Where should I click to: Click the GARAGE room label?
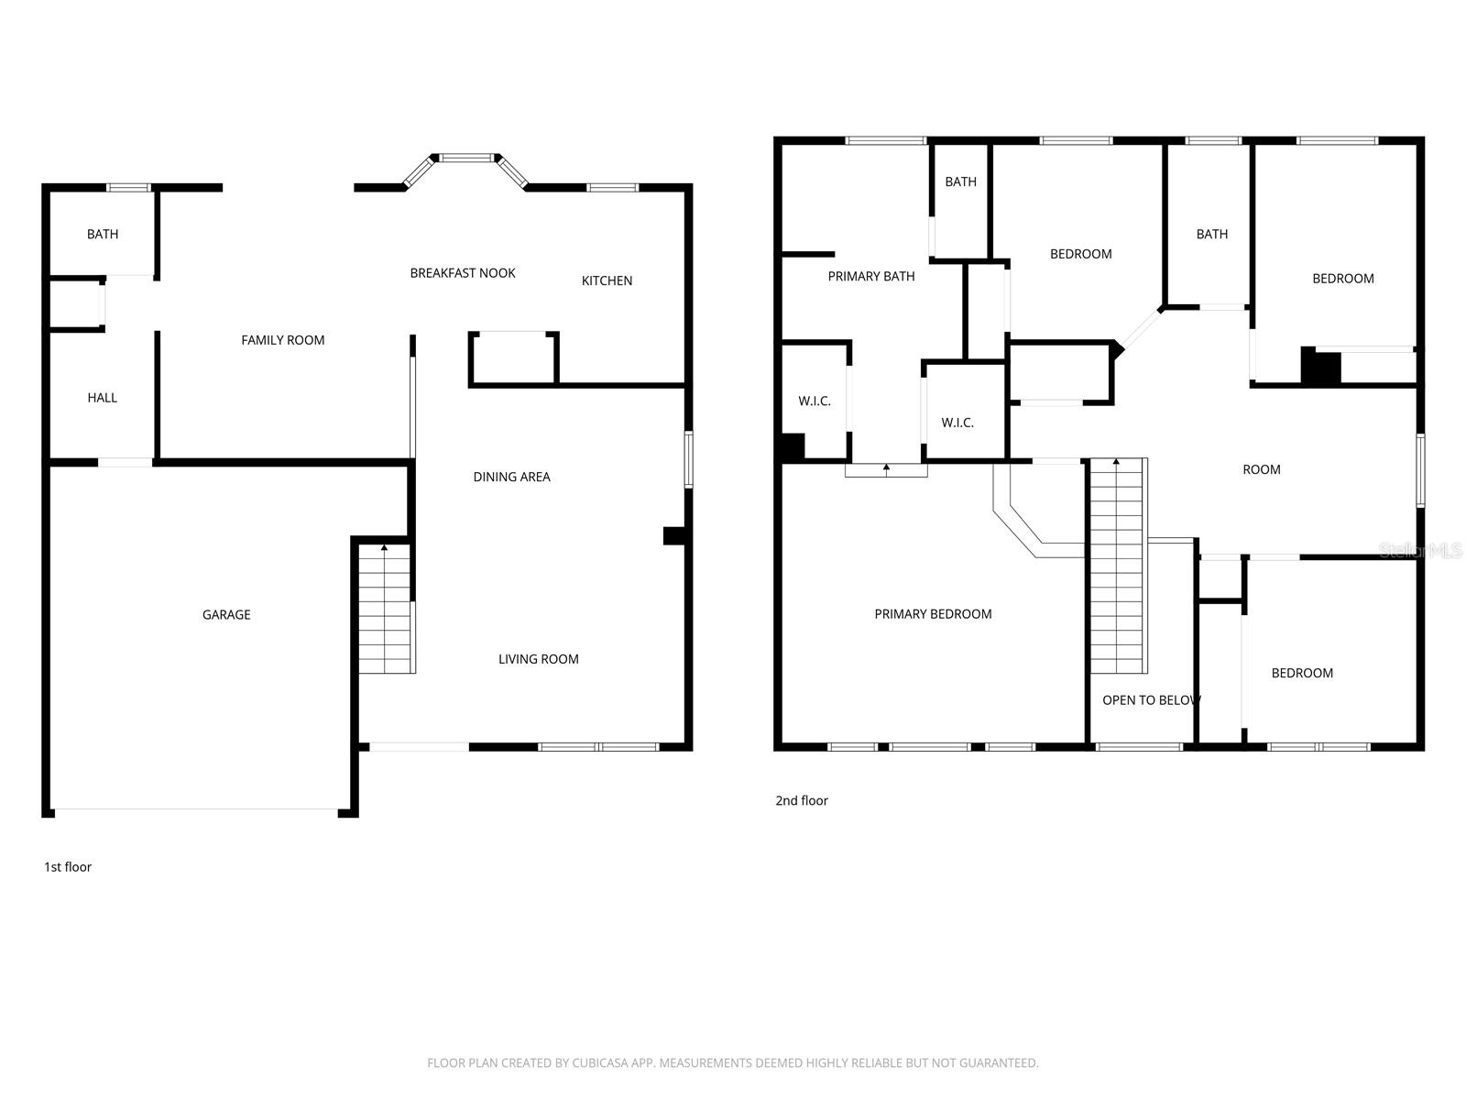click(x=226, y=615)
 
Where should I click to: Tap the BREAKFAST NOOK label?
click(x=463, y=273)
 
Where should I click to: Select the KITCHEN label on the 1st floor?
click(x=607, y=280)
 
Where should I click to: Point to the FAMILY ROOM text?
click(x=282, y=340)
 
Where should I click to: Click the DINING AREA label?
click(x=511, y=477)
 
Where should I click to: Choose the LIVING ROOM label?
click(x=538, y=659)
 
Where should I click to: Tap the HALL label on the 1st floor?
click(x=103, y=398)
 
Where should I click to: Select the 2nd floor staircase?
click(x=1119, y=566)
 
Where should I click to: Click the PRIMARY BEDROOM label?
click(x=933, y=614)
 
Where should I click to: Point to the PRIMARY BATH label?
click(x=871, y=276)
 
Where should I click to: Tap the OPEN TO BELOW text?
click(x=1151, y=700)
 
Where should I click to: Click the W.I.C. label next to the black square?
click(x=815, y=401)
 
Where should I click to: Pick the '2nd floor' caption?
click(x=802, y=800)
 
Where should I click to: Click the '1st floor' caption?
click(x=68, y=867)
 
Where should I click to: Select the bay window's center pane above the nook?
click(x=467, y=158)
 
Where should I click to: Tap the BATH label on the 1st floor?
click(x=103, y=235)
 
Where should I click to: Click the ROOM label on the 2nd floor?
click(x=1261, y=469)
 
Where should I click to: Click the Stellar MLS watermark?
click(x=1419, y=550)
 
